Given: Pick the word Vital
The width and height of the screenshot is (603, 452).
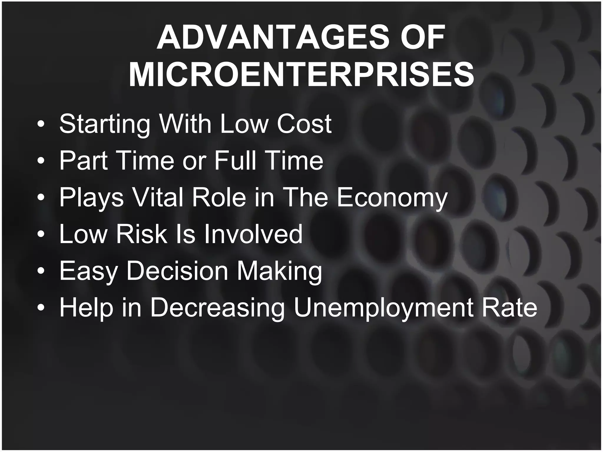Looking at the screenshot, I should [158, 197].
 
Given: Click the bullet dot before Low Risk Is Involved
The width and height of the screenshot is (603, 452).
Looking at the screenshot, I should [41, 235].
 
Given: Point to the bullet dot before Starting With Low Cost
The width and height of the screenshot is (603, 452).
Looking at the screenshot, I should [41, 124].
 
